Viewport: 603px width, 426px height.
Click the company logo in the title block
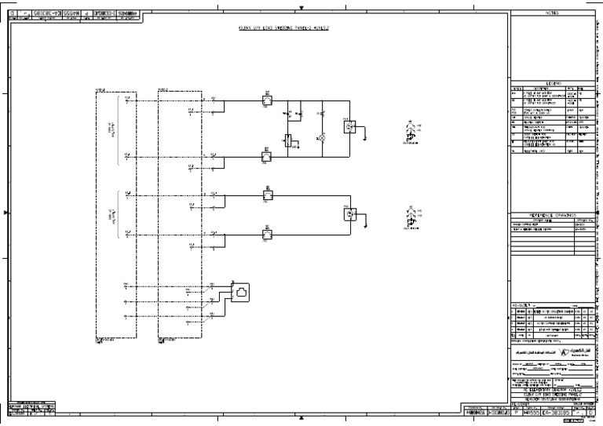(568, 351)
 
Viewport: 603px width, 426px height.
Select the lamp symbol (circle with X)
(320, 137)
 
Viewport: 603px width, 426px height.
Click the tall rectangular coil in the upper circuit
(288, 142)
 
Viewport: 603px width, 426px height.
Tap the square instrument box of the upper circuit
(351, 126)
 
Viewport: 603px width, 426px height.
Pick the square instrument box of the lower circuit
(351, 214)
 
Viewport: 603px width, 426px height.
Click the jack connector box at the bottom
(239, 293)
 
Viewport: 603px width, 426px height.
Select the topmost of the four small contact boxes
(267, 101)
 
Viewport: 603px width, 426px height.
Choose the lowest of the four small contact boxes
(267, 233)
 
